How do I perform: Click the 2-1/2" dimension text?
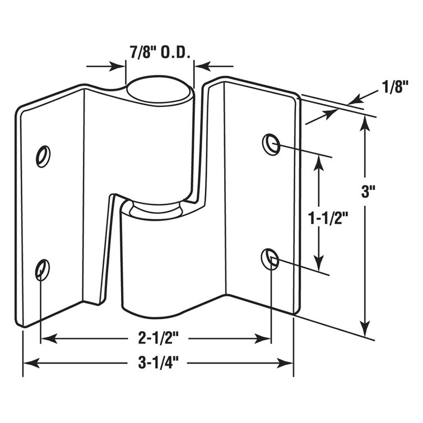154,338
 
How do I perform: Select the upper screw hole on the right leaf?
271,144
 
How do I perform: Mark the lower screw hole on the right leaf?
271,258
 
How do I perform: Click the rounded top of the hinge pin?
160,89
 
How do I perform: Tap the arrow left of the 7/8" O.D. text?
119,67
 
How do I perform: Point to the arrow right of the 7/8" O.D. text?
200,67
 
